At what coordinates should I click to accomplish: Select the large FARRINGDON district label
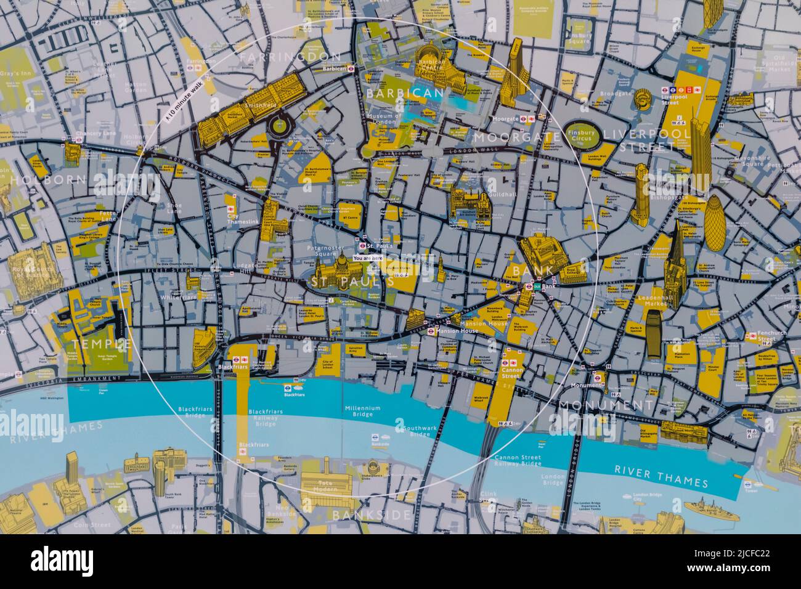tap(290, 57)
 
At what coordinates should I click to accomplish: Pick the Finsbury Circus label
tap(580, 136)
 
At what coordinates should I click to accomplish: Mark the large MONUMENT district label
tap(605, 405)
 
